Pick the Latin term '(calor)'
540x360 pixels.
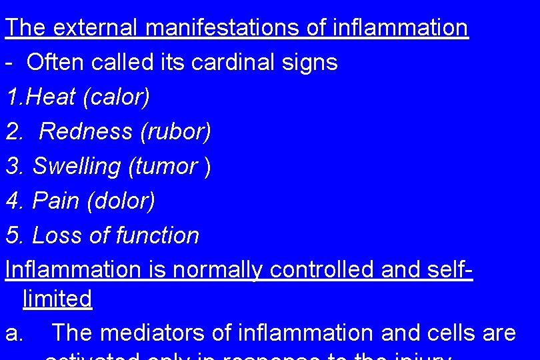[117, 97]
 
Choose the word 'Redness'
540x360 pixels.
[86, 132]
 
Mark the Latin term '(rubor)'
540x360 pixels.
[175, 132]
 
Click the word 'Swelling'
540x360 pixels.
[77, 167]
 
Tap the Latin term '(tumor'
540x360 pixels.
[163, 167]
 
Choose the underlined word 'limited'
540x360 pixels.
[57, 299]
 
